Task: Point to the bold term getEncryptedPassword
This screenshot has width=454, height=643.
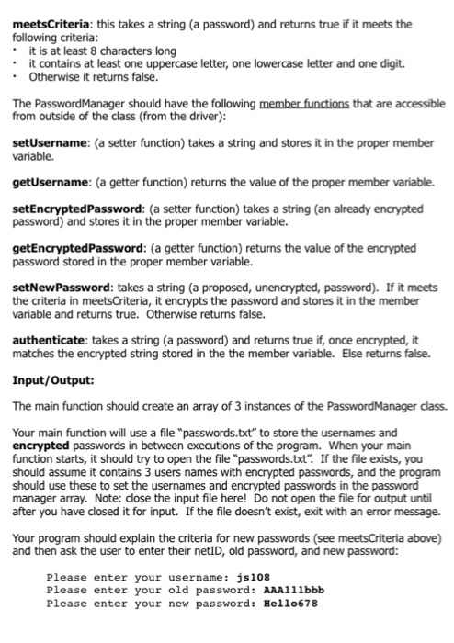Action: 71,248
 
